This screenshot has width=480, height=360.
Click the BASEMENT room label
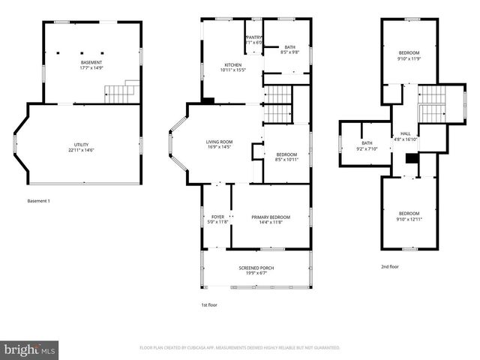pyautogui.click(x=91, y=62)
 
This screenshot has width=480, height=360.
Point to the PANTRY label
pyautogui.click(x=254, y=37)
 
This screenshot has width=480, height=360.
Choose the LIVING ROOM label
pyautogui.click(x=220, y=142)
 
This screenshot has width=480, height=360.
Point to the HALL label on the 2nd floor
pyautogui.click(x=405, y=134)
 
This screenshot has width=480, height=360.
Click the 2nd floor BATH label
pyautogui.click(x=367, y=143)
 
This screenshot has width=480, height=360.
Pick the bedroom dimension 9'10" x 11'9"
pyautogui.click(x=409, y=58)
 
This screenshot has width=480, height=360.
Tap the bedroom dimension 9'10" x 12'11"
pyautogui.click(x=409, y=218)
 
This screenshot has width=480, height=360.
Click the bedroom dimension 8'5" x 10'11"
pyautogui.click(x=286, y=159)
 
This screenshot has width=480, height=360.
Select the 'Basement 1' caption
pyautogui.click(x=37, y=201)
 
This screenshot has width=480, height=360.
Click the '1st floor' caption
pyautogui.click(x=210, y=304)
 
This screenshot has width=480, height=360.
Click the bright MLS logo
pyautogui.click(x=30, y=349)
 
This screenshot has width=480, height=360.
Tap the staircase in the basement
pyautogui.click(x=120, y=93)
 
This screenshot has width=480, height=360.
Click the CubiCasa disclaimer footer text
pyautogui.click(x=240, y=348)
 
